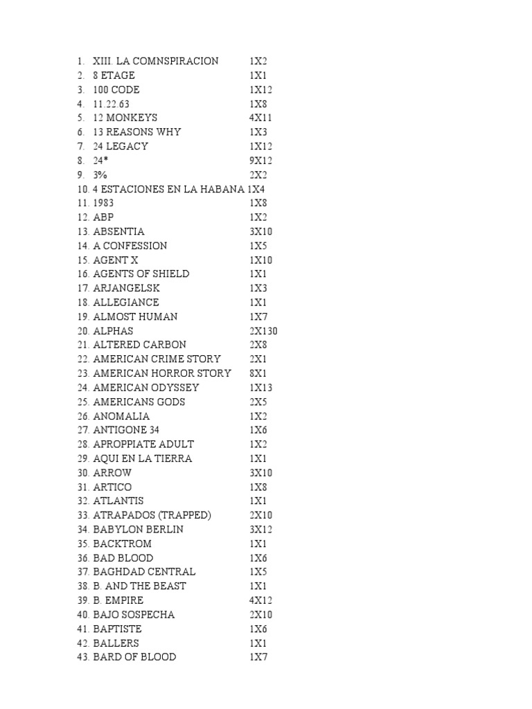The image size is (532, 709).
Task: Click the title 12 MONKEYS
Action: pyautogui.click(x=125, y=118)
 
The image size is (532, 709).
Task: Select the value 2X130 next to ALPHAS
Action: pyautogui.click(x=264, y=331)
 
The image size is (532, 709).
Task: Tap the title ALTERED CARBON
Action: pyautogui.click(x=139, y=345)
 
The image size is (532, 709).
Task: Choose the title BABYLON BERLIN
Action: pyautogui.click(x=138, y=529)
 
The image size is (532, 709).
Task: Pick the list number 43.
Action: pyautogui.click(x=83, y=656)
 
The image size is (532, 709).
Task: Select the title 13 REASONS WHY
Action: pyautogui.click(x=136, y=132)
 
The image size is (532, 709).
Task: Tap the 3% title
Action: pyautogui.click(x=100, y=174)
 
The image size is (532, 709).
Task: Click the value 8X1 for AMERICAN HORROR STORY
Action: pyautogui.click(x=258, y=373)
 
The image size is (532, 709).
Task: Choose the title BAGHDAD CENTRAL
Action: pyautogui.click(x=144, y=572)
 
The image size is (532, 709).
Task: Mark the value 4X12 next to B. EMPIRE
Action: pyautogui.click(x=261, y=600)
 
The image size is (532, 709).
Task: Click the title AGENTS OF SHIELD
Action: pyautogui.click(x=141, y=274)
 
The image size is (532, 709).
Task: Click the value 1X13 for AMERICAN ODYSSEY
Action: pyautogui.click(x=261, y=388)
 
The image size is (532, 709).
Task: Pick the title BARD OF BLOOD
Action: pyautogui.click(x=134, y=656)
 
